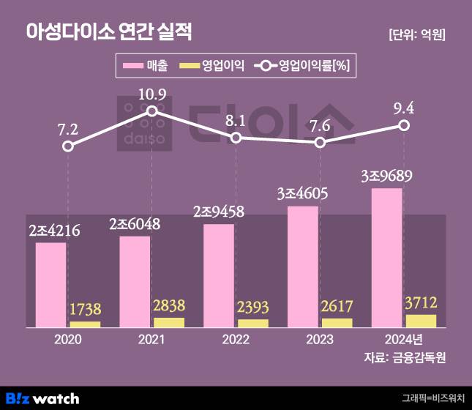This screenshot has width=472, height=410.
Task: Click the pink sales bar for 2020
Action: point(50,284)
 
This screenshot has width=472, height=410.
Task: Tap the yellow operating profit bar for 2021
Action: point(169,322)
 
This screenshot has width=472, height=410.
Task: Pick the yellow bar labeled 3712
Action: point(421,320)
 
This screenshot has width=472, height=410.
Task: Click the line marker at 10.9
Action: point(151,111)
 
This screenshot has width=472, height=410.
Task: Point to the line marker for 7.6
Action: point(320,142)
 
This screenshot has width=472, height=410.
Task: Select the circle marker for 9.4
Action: point(404,126)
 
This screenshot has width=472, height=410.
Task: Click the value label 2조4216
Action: point(54,231)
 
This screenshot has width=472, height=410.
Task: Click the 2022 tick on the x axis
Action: point(236,340)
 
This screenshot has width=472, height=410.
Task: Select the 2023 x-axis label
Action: point(320,340)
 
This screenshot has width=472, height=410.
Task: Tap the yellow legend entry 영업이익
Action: point(213,67)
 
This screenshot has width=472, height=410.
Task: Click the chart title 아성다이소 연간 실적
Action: point(109,31)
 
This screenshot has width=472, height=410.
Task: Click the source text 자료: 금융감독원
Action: point(405,358)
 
